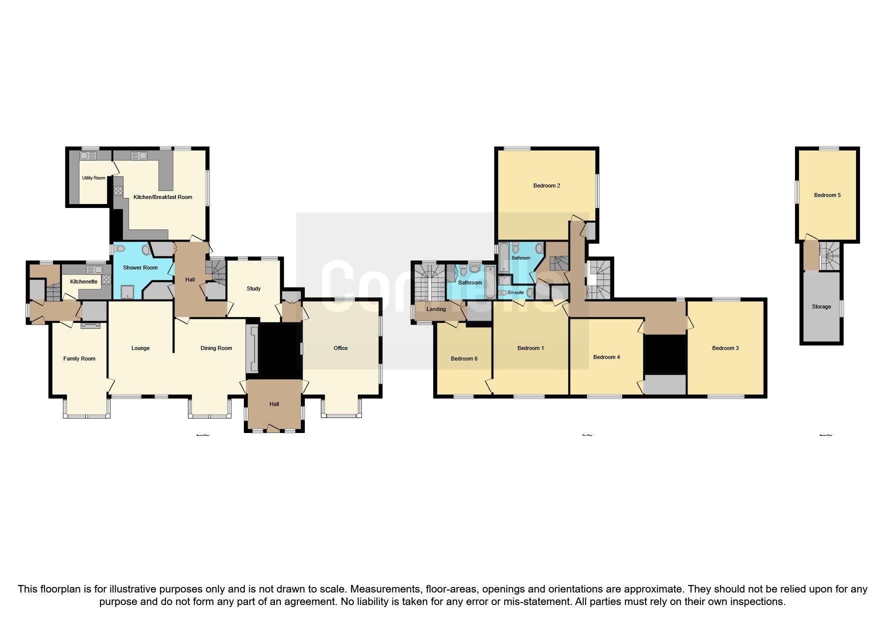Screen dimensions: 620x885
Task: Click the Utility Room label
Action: pyautogui.click(x=93, y=178)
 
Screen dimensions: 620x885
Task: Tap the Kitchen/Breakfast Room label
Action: pyautogui.click(x=162, y=197)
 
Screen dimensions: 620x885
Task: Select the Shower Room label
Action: pyautogui.click(x=140, y=267)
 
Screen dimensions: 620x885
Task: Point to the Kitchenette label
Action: pyautogui.click(x=83, y=281)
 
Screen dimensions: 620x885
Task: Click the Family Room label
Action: pyautogui.click(x=79, y=358)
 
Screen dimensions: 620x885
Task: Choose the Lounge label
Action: pyautogui.click(x=140, y=348)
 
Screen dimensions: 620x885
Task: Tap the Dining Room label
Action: pyautogui.click(x=216, y=348)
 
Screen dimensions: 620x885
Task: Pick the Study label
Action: pyautogui.click(x=253, y=288)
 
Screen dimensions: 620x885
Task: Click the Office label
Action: pyautogui.click(x=340, y=348)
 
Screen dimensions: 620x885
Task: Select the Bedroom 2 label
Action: pyautogui.click(x=546, y=185)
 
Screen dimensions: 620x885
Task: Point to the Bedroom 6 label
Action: pyautogui.click(x=464, y=358)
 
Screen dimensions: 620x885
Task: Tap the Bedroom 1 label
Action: pyautogui.click(x=530, y=348)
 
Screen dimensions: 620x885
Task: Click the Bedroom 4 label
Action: pyautogui.click(x=606, y=357)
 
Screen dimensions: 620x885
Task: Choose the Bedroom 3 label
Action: pyautogui.click(x=725, y=348)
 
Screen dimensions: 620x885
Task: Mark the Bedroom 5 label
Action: pyautogui.click(x=827, y=195)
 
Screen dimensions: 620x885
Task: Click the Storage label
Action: pyautogui.click(x=821, y=306)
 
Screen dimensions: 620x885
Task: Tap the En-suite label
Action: pyautogui.click(x=516, y=292)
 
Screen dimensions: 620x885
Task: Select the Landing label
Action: pyautogui.click(x=436, y=309)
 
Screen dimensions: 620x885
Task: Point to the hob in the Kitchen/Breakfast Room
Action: pyautogui.click(x=118, y=190)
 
